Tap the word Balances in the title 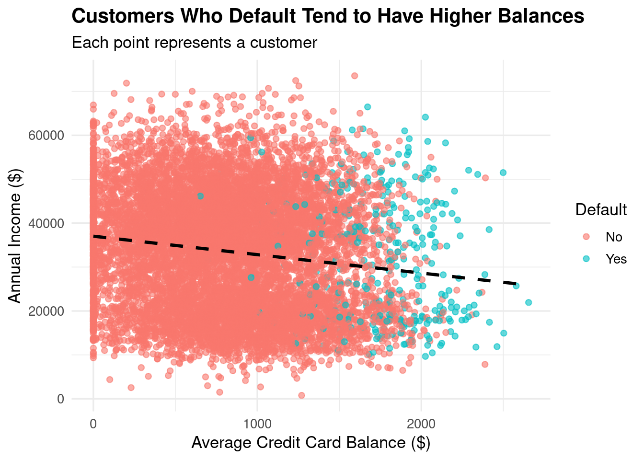[x=539, y=17]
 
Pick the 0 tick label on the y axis [x=60, y=399]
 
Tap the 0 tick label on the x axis [x=93, y=424]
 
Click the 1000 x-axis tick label [x=257, y=424]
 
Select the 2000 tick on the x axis [x=421, y=424]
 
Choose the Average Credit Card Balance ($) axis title [x=310, y=443]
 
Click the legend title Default [x=601, y=210]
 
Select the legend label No [x=614, y=237]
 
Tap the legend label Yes [x=616, y=259]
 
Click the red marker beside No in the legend [x=586, y=237]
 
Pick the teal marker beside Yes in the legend [x=586, y=259]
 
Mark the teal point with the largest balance [x=529, y=302]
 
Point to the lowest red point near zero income [x=301, y=395]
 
